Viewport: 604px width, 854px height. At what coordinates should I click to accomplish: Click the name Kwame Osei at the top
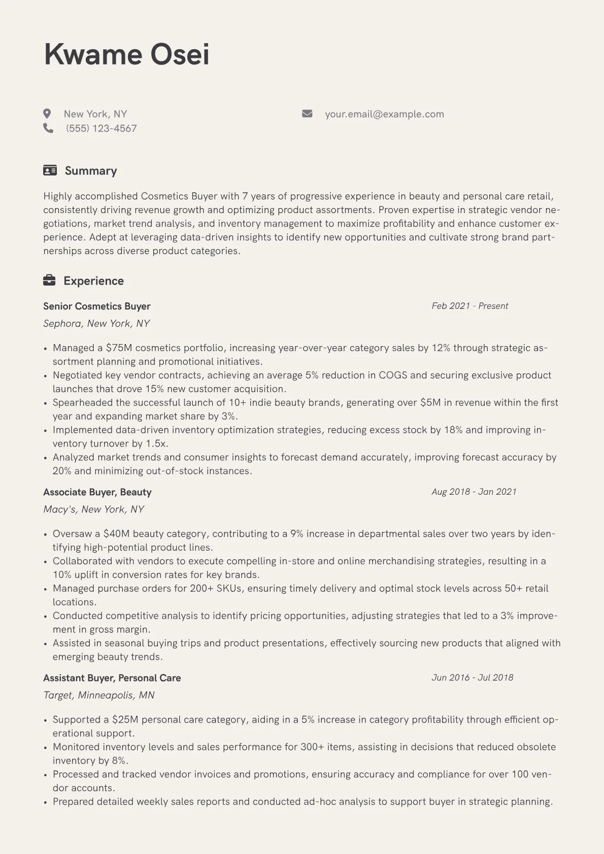(126, 54)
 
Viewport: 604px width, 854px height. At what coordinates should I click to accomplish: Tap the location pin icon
(47, 114)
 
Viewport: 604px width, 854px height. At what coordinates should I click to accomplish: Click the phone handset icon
(48, 128)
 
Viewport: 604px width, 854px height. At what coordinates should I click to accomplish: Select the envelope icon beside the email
(307, 114)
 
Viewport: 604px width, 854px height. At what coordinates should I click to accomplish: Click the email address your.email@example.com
(384, 114)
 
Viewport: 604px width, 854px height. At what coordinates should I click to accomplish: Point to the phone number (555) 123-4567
(102, 128)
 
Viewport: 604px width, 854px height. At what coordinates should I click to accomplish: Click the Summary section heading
(91, 171)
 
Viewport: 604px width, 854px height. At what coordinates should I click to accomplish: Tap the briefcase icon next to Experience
(49, 281)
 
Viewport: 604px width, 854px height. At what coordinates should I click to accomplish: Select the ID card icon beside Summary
(50, 170)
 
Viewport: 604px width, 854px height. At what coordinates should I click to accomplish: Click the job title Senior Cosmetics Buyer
(97, 306)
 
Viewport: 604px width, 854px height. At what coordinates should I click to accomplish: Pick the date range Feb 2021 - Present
(469, 306)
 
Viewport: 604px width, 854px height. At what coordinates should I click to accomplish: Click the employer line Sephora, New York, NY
(96, 324)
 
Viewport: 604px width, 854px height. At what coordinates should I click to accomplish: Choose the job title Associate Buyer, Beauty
(97, 492)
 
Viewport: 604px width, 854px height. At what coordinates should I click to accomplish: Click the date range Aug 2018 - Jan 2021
(474, 492)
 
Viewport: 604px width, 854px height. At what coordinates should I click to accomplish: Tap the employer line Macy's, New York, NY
(94, 509)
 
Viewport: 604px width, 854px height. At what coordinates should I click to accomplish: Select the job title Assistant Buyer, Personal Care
(112, 678)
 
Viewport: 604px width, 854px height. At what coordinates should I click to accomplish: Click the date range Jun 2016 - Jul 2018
(472, 677)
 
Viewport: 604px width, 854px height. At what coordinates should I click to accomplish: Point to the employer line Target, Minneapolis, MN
(99, 695)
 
